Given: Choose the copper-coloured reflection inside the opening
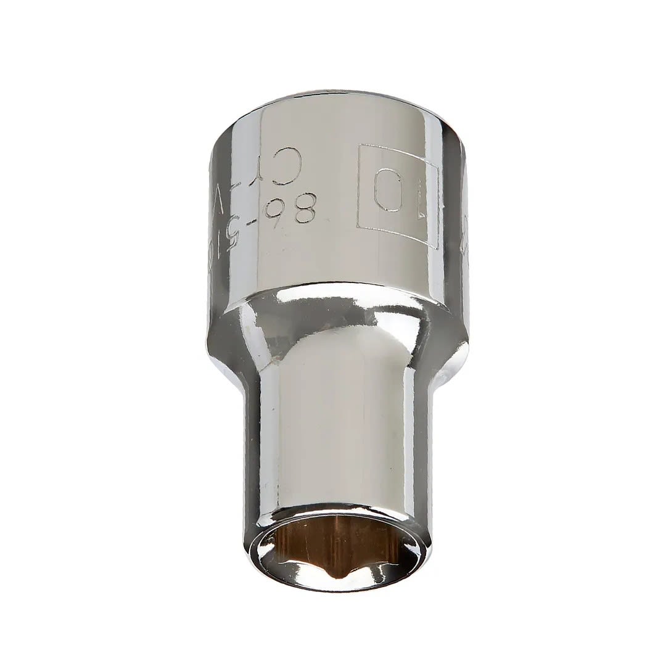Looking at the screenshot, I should [x=308, y=543].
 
